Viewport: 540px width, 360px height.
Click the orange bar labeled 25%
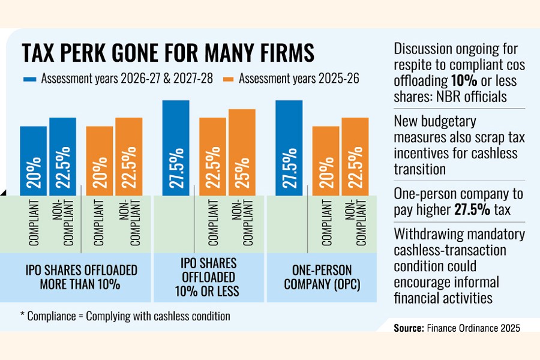[x=242, y=152]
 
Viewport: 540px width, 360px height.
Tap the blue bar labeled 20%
[x=33, y=161]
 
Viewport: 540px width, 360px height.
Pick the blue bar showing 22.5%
[x=62, y=157]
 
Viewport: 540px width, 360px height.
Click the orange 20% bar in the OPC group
[x=325, y=161]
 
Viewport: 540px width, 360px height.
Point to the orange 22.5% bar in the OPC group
[x=355, y=157]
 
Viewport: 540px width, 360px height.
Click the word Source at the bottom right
[x=408, y=328]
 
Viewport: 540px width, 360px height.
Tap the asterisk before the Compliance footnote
[x=23, y=316]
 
